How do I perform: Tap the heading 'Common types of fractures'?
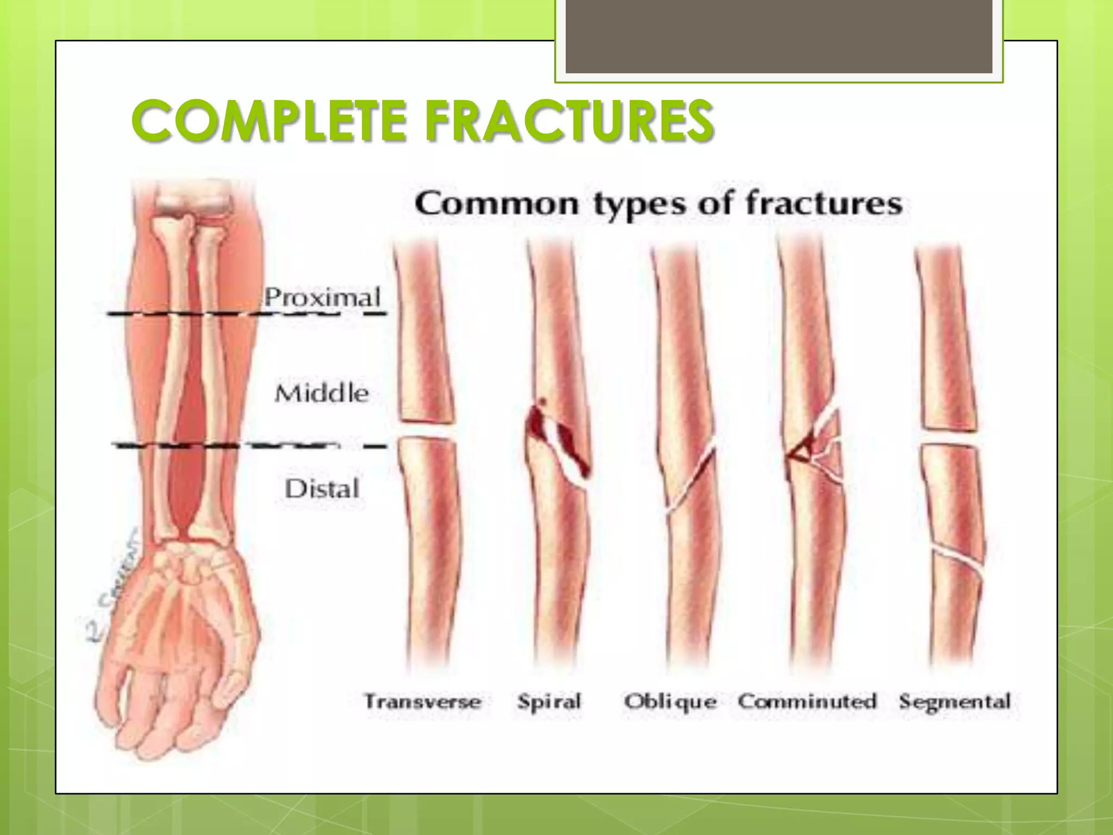[x=658, y=204]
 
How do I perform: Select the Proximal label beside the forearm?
[x=322, y=297]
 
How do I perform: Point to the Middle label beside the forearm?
[x=321, y=393]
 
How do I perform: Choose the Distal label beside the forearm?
[x=322, y=489]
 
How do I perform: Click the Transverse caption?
[x=423, y=701]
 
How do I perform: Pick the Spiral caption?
[x=549, y=701]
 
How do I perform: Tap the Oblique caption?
[x=670, y=701]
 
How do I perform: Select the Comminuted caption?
[x=808, y=701]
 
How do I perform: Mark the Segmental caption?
[x=955, y=701]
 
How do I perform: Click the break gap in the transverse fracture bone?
[x=427, y=430]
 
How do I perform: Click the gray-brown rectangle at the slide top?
[x=779, y=36]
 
